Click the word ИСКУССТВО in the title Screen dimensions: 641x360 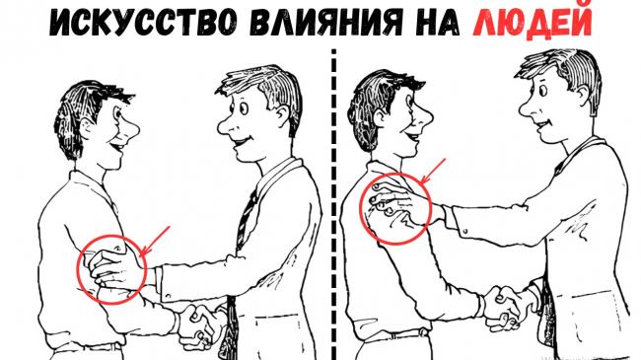click(142, 21)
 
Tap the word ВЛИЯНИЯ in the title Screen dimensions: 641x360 click(326, 21)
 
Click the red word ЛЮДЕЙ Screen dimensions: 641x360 click(533, 22)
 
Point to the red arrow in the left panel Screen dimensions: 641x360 click(155, 241)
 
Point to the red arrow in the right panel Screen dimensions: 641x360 click(433, 172)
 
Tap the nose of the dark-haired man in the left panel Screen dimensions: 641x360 click(131, 131)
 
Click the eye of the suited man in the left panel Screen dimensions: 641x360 click(244, 108)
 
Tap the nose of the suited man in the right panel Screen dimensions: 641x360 click(528, 109)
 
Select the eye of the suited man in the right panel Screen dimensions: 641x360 click(543, 89)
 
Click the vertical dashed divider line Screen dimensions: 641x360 click(334, 204)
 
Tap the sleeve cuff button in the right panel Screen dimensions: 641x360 click(465, 232)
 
